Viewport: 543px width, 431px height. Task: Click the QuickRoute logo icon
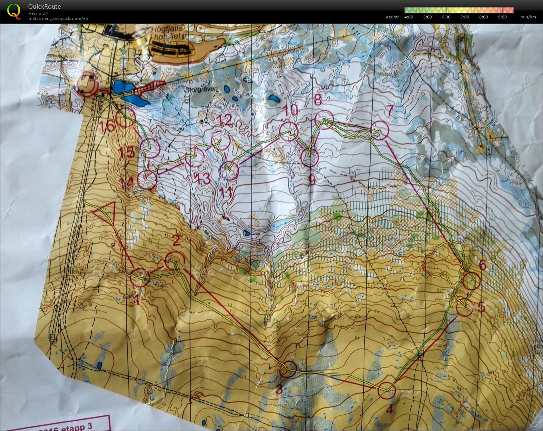(x=14, y=11)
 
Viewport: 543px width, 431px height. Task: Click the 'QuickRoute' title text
(x=44, y=7)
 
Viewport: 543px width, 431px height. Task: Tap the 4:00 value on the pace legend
(x=409, y=17)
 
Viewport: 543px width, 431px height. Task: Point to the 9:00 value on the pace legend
(x=502, y=17)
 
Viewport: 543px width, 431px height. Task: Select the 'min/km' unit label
(x=528, y=17)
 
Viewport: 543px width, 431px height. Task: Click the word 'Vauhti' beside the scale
(x=392, y=17)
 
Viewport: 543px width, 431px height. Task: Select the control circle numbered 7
(x=380, y=130)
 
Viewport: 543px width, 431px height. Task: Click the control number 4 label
(x=389, y=410)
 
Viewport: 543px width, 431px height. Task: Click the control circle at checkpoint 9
(x=310, y=158)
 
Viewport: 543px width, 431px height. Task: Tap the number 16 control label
(x=108, y=126)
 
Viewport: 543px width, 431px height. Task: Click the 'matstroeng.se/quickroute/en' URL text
(x=58, y=18)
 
